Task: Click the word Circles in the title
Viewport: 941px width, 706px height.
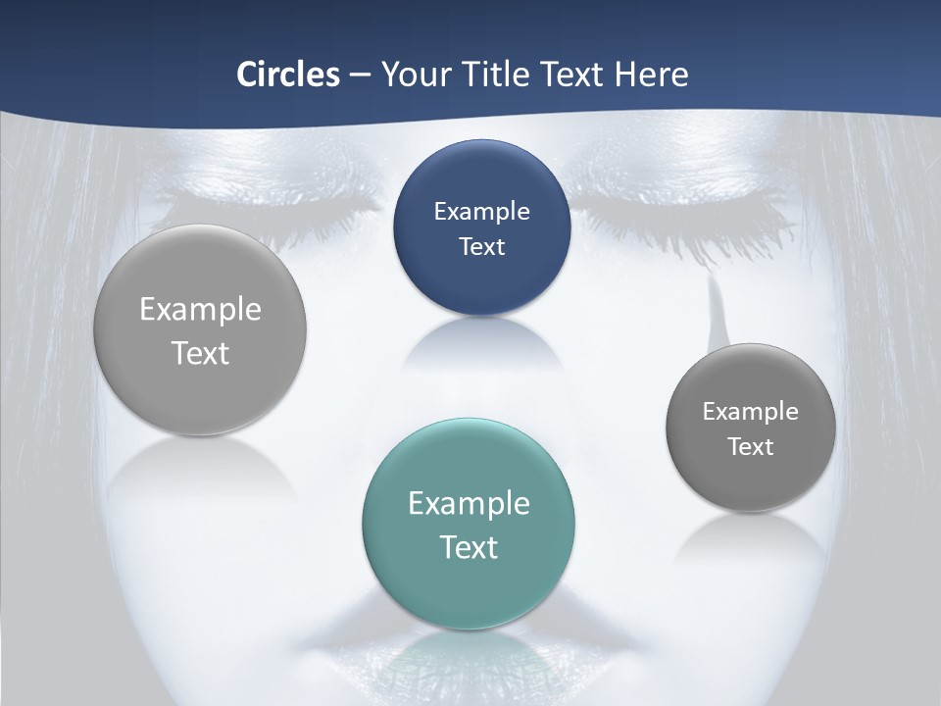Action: pos(287,75)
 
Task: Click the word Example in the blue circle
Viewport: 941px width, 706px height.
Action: pos(481,211)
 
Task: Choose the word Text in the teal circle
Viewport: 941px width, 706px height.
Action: pos(469,546)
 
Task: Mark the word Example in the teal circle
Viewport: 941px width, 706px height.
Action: pos(469,503)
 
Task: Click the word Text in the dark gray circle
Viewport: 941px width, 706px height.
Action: pos(751,446)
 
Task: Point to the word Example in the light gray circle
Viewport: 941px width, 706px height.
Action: pos(200,309)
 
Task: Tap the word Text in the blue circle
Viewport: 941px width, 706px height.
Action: pos(481,246)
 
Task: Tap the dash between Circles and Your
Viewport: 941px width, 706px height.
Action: pos(359,76)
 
